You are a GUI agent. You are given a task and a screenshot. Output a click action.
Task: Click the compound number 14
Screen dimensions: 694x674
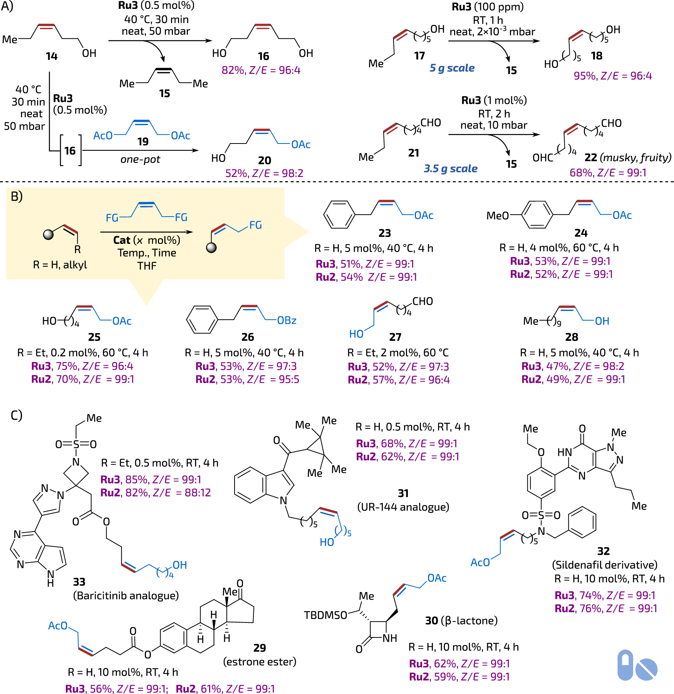click(52, 56)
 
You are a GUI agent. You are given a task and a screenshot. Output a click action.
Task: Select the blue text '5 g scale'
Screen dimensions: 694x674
click(452, 68)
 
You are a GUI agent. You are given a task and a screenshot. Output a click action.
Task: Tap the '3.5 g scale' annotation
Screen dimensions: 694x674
click(451, 168)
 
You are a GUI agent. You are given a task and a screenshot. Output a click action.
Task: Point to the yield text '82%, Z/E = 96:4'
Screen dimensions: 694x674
click(261, 70)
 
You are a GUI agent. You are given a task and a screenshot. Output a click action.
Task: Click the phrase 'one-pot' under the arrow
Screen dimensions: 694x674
click(140, 159)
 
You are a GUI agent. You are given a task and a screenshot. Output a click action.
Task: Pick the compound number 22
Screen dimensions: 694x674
click(591, 157)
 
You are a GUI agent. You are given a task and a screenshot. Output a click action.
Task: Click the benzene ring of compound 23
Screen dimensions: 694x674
click(339, 215)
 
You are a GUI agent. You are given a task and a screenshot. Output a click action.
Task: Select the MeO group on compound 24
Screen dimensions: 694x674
click(498, 215)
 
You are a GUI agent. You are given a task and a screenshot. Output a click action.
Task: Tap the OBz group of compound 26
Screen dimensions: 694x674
click(287, 320)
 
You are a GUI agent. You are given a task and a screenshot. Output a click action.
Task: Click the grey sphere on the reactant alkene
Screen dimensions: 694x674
click(49, 234)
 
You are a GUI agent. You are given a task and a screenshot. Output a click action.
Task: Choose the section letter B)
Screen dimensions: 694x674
click(17, 197)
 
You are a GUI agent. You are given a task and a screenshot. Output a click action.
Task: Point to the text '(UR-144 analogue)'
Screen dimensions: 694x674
click(403, 507)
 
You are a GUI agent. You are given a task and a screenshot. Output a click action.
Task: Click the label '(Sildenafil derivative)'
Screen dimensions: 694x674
click(605, 565)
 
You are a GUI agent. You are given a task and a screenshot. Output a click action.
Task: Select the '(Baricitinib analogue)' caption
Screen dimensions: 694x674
click(126, 596)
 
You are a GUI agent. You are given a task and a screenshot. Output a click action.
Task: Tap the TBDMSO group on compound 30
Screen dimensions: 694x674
click(325, 615)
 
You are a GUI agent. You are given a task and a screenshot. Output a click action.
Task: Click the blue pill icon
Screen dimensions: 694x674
click(625, 665)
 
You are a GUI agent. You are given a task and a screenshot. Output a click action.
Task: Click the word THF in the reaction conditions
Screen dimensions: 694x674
click(147, 266)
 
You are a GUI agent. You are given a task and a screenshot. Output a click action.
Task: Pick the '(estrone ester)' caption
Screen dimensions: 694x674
click(260, 662)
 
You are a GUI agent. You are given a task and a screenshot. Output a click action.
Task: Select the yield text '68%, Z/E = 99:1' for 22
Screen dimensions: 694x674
click(608, 172)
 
